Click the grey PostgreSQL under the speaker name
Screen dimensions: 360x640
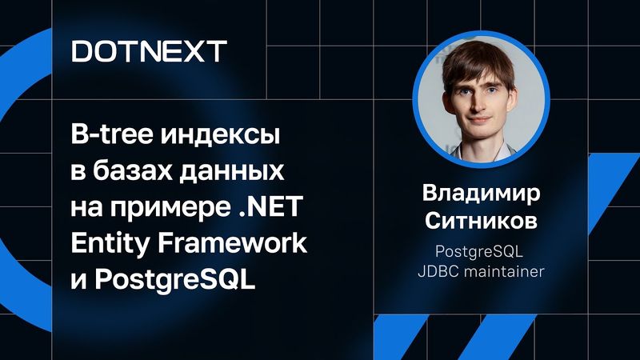[x=480, y=250]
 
